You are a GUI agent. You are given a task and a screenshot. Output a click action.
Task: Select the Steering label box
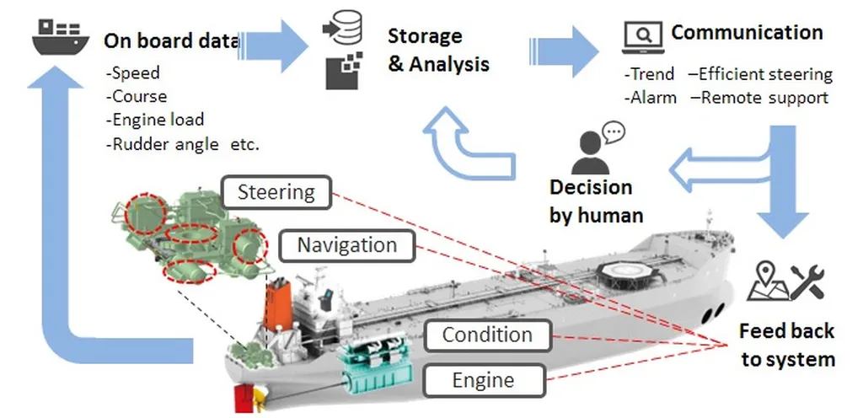pyautogui.click(x=276, y=192)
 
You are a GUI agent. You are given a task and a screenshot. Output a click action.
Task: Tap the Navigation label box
pyautogui.click(x=346, y=245)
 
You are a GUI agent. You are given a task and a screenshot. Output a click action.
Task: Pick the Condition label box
pyautogui.click(x=487, y=335)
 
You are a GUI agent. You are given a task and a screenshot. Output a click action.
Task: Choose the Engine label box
pyautogui.click(x=483, y=380)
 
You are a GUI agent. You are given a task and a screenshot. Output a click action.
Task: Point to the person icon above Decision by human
pyautogui.click(x=592, y=152)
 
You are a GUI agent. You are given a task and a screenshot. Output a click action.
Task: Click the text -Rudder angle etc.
pyautogui.click(x=183, y=144)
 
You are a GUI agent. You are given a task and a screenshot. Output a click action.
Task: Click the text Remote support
pyautogui.click(x=764, y=98)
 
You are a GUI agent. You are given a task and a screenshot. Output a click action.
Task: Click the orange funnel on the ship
pyautogui.click(x=278, y=304)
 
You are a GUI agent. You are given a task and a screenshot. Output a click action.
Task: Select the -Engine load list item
pyautogui.click(x=155, y=120)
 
